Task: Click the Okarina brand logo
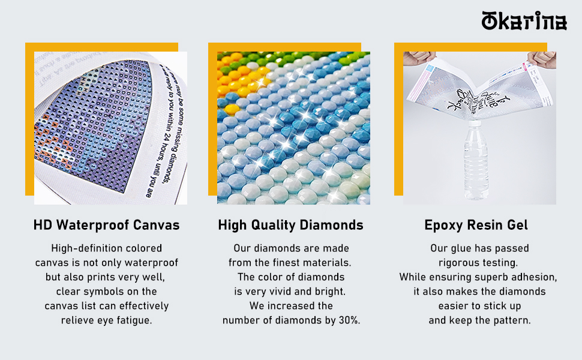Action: tap(524, 21)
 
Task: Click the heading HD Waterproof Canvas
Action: tap(106, 226)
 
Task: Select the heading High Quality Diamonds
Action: tap(290, 226)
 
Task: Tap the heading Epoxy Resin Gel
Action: tap(476, 226)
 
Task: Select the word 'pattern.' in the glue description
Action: tap(510, 320)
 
